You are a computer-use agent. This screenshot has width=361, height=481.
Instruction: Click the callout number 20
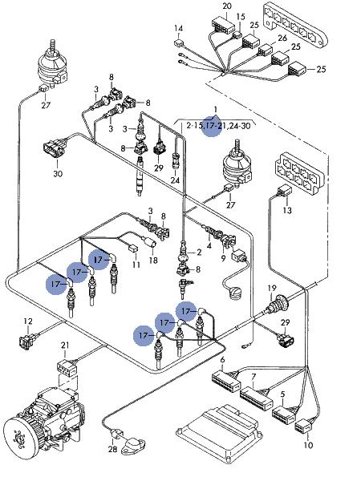click(227, 6)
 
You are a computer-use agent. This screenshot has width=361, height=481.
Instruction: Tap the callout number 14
click(178, 29)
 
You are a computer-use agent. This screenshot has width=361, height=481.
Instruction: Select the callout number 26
click(282, 38)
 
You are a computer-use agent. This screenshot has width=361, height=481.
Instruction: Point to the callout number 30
click(58, 174)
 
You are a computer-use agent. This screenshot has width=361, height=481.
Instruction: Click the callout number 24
click(175, 180)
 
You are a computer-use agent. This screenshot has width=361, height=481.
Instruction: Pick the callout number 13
click(287, 210)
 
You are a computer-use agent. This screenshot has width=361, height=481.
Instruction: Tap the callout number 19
click(272, 288)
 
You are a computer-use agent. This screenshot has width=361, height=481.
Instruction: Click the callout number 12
click(28, 321)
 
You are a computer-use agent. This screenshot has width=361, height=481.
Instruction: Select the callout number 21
click(65, 346)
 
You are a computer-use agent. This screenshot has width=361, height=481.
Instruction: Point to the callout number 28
click(112, 450)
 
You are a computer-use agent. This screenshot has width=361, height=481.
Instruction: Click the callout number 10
click(308, 445)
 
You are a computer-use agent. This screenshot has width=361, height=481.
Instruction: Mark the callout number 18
click(153, 260)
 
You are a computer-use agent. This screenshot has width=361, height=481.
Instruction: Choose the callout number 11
click(136, 265)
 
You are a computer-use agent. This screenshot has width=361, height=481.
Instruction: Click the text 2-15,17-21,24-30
click(218, 126)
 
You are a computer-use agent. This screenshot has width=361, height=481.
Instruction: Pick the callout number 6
click(222, 359)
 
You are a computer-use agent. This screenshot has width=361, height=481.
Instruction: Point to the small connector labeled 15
click(237, 34)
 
